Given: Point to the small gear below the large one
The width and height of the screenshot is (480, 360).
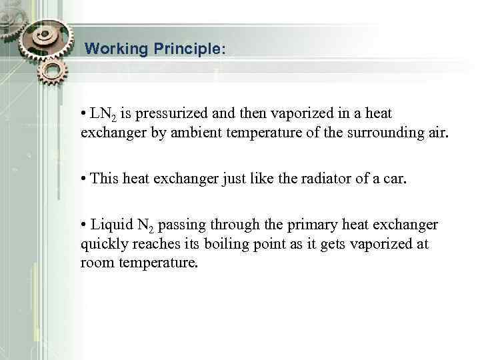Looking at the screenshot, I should click(x=53, y=74).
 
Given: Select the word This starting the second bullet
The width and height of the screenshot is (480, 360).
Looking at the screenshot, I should click(x=104, y=179).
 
